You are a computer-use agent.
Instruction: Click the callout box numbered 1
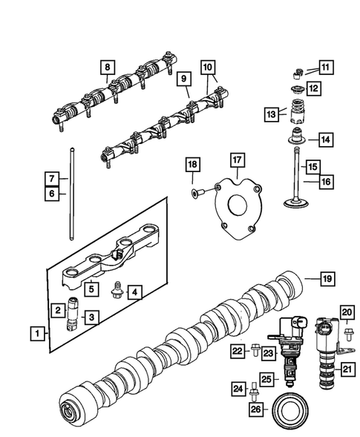pyautogui.click(x=36, y=335)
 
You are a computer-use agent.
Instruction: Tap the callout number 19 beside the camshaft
pyautogui.click(x=327, y=279)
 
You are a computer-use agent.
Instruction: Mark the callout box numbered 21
pyautogui.click(x=347, y=366)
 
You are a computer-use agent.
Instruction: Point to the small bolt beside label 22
pyautogui.click(x=255, y=347)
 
